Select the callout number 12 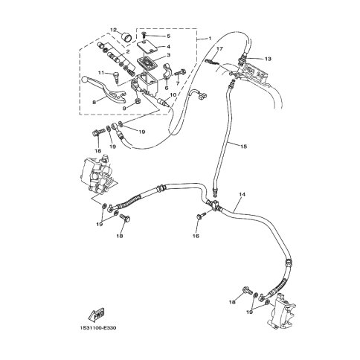(x=113, y=30)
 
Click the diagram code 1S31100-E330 (x=98, y=329)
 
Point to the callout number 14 (x=242, y=195)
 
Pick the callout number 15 (x=244, y=147)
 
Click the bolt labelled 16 (x=202, y=215)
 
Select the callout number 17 (x=219, y=49)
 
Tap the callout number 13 (x=268, y=59)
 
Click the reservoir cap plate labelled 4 (x=148, y=48)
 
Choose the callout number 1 (x=210, y=39)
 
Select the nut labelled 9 (x=138, y=101)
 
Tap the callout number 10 (x=173, y=94)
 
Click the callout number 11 (x=100, y=73)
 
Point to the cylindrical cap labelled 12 (x=127, y=39)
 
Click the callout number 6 (x=167, y=88)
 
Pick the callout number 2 (x=128, y=51)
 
